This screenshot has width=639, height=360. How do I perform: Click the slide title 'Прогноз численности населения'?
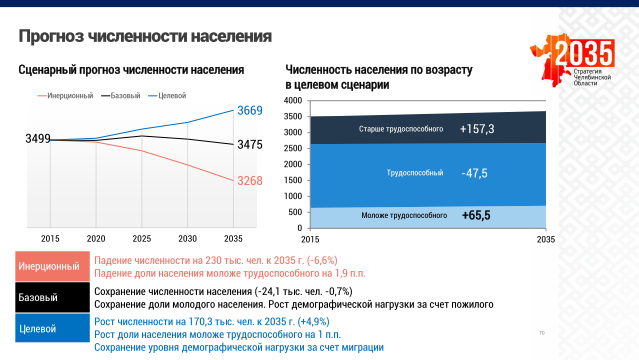[145, 37]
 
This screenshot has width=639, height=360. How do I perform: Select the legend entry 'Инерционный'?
[70, 95]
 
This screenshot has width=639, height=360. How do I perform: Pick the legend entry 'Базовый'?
[124, 95]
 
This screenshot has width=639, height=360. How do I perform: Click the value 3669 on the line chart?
[250, 110]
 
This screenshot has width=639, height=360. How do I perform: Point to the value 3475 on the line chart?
[250, 145]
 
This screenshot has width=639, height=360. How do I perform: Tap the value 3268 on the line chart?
[250, 181]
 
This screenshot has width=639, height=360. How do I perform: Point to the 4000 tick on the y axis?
[292, 100]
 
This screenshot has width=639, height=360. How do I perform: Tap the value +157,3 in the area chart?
[477, 130]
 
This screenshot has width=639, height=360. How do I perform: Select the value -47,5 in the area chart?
[475, 173]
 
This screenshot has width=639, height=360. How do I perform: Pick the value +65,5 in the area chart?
[476, 215]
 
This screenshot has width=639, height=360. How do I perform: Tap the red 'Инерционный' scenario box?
[49, 267]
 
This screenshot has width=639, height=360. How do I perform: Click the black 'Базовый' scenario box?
[49, 298]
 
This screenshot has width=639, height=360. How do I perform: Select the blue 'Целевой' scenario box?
[49, 328]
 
